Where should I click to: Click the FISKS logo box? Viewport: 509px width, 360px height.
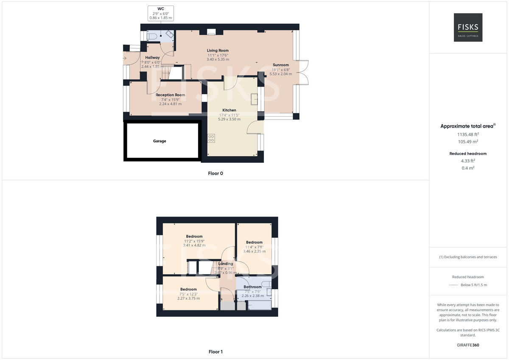[468, 27]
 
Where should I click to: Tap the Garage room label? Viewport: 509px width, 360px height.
[159, 141]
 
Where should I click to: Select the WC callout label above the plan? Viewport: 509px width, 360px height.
[161, 8]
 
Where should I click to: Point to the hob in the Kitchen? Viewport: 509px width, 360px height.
[211, 138]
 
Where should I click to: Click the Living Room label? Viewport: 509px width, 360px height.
[218, 50]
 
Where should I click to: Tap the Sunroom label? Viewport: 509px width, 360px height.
[281, 65]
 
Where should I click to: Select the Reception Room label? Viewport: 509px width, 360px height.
[170, 95]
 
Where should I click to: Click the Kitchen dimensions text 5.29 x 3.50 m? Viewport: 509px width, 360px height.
[229, 119]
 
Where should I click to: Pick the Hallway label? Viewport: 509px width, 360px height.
[152, 58]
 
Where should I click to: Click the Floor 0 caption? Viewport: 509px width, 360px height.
[215, 173]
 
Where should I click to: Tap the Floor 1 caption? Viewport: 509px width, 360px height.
[215, 352]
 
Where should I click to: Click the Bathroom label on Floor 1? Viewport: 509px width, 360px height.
[252, 287]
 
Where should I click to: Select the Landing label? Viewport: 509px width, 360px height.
[226, 264]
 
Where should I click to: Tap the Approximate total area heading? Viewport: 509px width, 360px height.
[467, 126]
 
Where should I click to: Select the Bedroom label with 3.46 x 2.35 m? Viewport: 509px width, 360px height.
[254, 243]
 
